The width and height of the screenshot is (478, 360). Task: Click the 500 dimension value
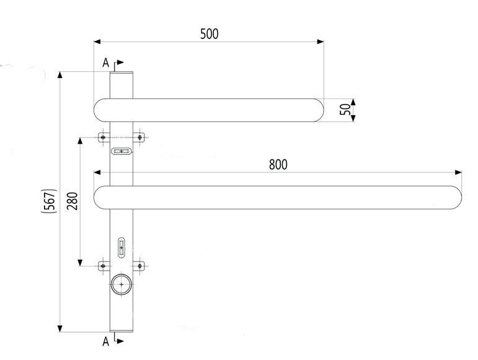[x=209, y=33]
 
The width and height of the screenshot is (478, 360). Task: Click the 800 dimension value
[x=278, y=164]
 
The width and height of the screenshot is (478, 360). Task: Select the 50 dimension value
[x=345, y=110]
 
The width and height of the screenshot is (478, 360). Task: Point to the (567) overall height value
[x=51, y=201]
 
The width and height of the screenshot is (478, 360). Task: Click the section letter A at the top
[x=105, y=63]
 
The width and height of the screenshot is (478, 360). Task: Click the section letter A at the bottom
[x=105, y=341]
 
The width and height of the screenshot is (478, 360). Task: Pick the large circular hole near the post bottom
[x=122, y=284]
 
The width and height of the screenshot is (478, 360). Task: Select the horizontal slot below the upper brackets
[x=122, y=151]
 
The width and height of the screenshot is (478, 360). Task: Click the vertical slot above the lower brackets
[x=122, y=247]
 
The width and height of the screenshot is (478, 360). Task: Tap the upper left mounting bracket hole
[x=103, y=137]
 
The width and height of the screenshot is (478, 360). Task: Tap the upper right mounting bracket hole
[x=140, y=137]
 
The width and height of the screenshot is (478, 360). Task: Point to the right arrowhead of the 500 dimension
[x=321, y=42]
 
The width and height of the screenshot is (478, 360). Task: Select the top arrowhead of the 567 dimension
[x=60, y=75]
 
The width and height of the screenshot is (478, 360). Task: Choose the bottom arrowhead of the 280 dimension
[x=80, y=262]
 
